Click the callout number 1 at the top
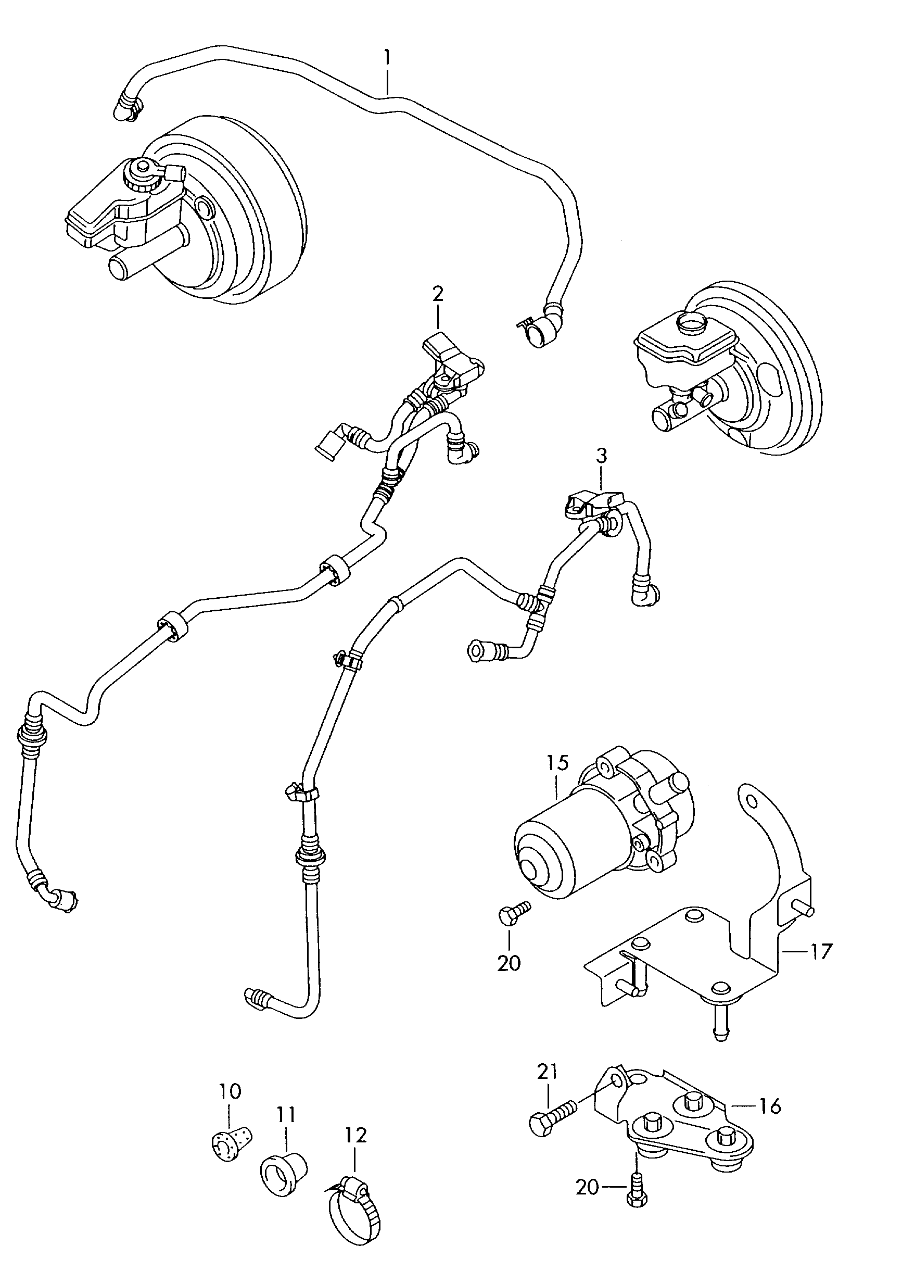(x=387, y=57)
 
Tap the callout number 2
(x=438, y=294)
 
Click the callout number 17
(x=821, y=952)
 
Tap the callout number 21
(x=547, y=1072)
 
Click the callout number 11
(x=287, y=1114)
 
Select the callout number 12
(x=355, y=1135)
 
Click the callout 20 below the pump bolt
(x=509, y=962)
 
